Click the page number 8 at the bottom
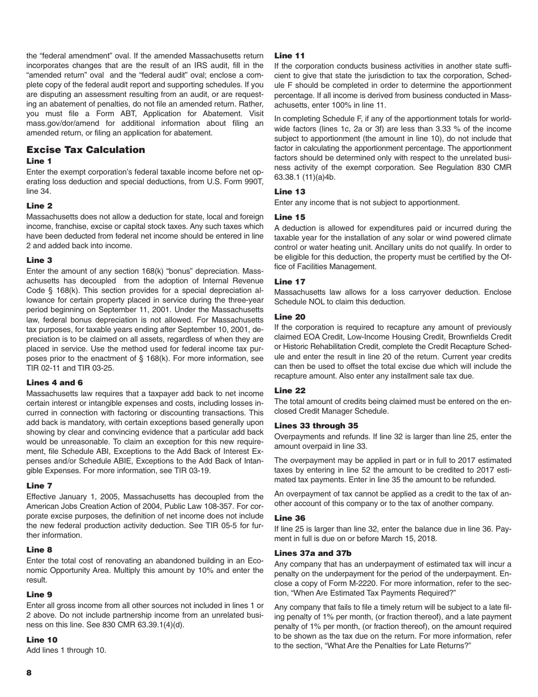[29, 672]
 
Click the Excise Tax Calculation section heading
[86, 150]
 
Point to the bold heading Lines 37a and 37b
[310, 553]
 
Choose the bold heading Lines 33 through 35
[316, 426]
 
